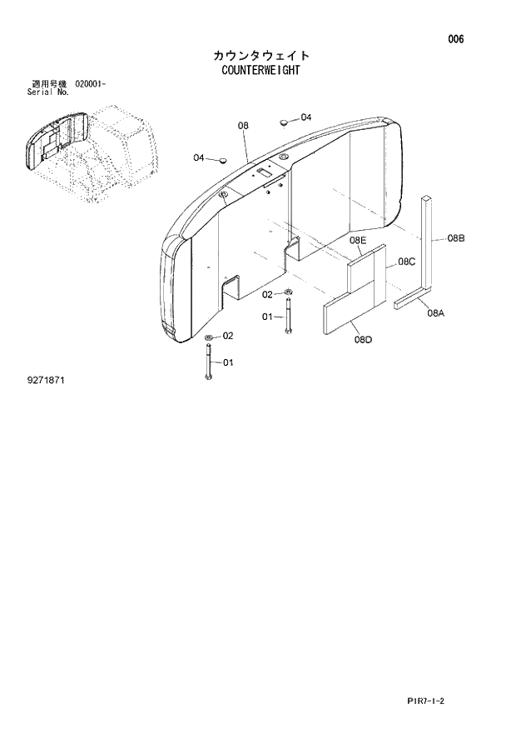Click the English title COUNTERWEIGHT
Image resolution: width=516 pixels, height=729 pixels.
coord(260,71)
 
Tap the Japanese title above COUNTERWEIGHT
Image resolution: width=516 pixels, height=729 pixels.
coord(260,55)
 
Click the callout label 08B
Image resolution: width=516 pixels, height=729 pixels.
coord(455,238)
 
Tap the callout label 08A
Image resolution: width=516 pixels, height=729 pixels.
coord(436,313)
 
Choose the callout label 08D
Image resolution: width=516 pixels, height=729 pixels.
coord(362,339)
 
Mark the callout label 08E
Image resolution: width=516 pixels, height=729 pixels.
coord(358,240)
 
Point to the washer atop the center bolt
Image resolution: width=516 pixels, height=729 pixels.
coord(287,292)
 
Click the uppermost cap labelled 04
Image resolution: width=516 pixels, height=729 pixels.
coord(284,121)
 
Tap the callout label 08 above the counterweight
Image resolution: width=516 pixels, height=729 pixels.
coord(243,126)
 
